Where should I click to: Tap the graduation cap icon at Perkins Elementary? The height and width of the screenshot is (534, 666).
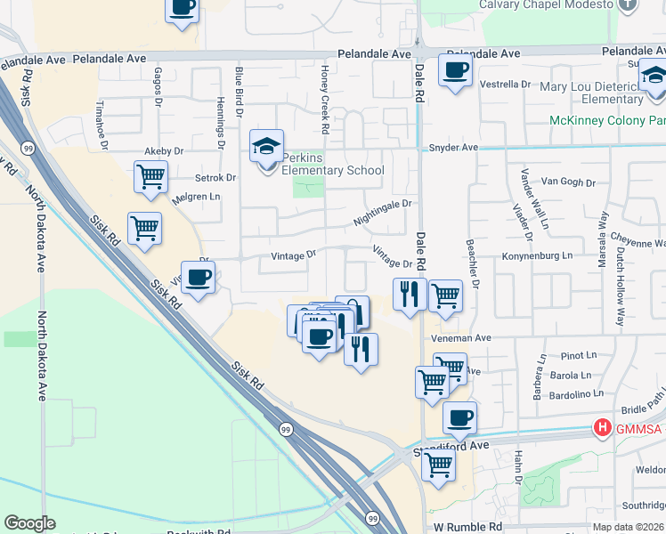point(266,147)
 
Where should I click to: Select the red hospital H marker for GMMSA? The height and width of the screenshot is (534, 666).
point(603,428)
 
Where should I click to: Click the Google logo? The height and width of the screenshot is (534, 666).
point(29,523)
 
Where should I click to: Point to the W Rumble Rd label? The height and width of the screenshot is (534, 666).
point(464,527)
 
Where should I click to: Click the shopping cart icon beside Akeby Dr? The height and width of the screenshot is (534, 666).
point(150,176)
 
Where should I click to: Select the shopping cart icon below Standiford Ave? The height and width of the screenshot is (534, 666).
point(438,463)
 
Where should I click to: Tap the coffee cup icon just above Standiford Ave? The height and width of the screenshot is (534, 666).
point(459,417)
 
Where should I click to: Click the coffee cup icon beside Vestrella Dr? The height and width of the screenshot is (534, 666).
point(455,69)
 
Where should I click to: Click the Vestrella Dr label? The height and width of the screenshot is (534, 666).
point(505,85)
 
